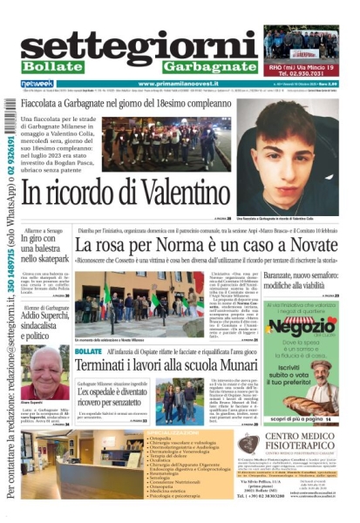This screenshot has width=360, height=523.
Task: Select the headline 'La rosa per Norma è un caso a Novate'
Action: coord(206,245)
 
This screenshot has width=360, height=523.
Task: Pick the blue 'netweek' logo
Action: coord(36,84)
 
